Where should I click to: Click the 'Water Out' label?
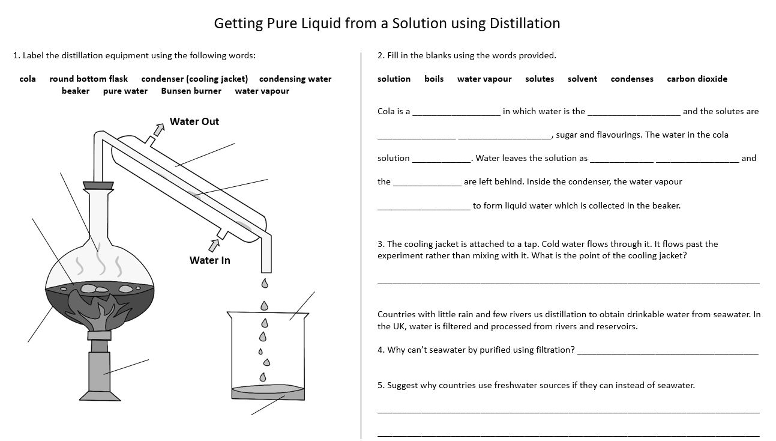(x=194, y=121)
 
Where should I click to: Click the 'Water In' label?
(x=209, y=260)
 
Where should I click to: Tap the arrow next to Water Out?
(x=158, y=129)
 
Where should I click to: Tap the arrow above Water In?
(x=214, y=245)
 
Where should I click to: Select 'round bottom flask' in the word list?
(x=88, y=79)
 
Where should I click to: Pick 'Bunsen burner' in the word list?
(x=191, y=91)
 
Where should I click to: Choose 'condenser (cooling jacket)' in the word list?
(x=194, y=79)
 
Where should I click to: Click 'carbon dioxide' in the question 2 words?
(x=697, y=79)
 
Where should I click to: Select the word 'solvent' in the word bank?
(x=582, y=79)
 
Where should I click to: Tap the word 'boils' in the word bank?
(x=434, y=79)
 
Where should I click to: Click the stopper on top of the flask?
(x=99, y=185)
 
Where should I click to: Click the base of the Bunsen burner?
(x=100, y=397)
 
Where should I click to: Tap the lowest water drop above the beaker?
(x=262, y=377)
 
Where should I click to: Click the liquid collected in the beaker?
(x=268, y=392)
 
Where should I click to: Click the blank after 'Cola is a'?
(x=456, y=112)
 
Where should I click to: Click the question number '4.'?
(x=381, y=350)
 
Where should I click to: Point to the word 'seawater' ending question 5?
(x=676, y=385)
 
